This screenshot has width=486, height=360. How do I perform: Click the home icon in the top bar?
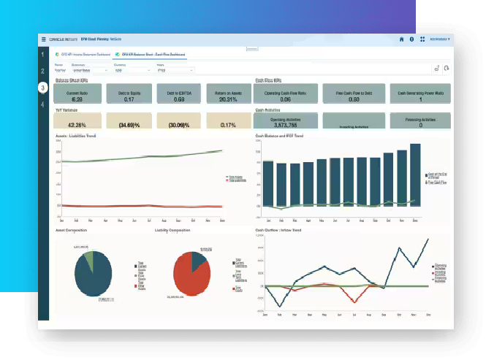pos(401,39)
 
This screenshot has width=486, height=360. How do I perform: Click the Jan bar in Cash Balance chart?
pos(268,186)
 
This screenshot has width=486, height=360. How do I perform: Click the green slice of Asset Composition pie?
pos(88,259)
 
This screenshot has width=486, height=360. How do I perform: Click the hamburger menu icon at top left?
pos(43,39)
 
